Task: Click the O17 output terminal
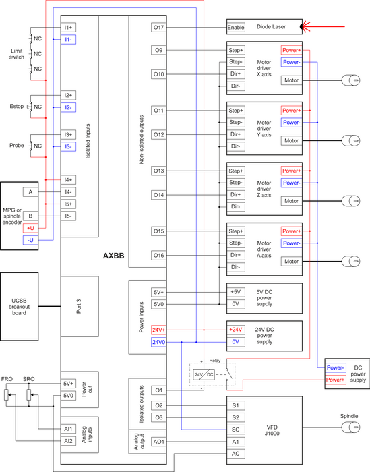159,28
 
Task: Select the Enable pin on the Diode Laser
236,28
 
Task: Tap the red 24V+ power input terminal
159,330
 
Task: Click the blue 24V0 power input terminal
159,342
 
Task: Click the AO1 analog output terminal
159,441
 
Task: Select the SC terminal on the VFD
235,429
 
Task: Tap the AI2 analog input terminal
69,441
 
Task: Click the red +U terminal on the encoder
30,228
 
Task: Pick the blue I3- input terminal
69,146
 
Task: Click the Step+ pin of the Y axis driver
236,110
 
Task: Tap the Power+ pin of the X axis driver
291,50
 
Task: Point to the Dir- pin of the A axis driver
236,267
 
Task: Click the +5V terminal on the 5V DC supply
235,292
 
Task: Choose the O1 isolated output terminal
159,390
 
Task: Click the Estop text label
18,106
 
